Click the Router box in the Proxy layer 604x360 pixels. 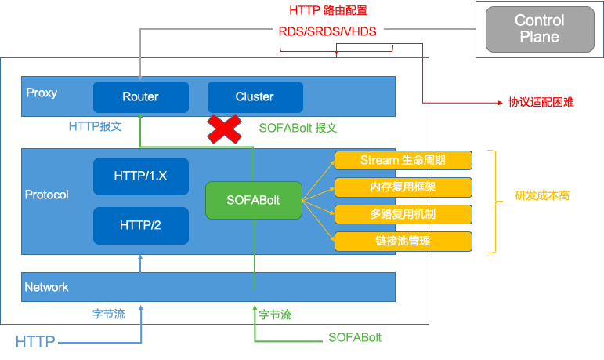140,96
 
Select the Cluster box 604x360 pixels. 255,96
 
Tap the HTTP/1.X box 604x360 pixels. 140,176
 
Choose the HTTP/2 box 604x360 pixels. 140,225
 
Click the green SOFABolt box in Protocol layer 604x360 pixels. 253,200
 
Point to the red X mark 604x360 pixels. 224,129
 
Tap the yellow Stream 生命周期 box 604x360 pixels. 403,160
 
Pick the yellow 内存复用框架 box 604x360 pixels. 403,187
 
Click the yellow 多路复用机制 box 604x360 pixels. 403,214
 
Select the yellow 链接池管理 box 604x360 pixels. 403,241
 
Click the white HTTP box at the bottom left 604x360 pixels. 35,341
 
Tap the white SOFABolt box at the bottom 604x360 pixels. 355,337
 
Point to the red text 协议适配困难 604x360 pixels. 541,103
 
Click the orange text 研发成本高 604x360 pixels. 542,195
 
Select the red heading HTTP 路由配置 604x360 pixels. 328,10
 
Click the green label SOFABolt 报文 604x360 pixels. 298,128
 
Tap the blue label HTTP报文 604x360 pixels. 95,126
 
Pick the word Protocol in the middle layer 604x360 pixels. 46,195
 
